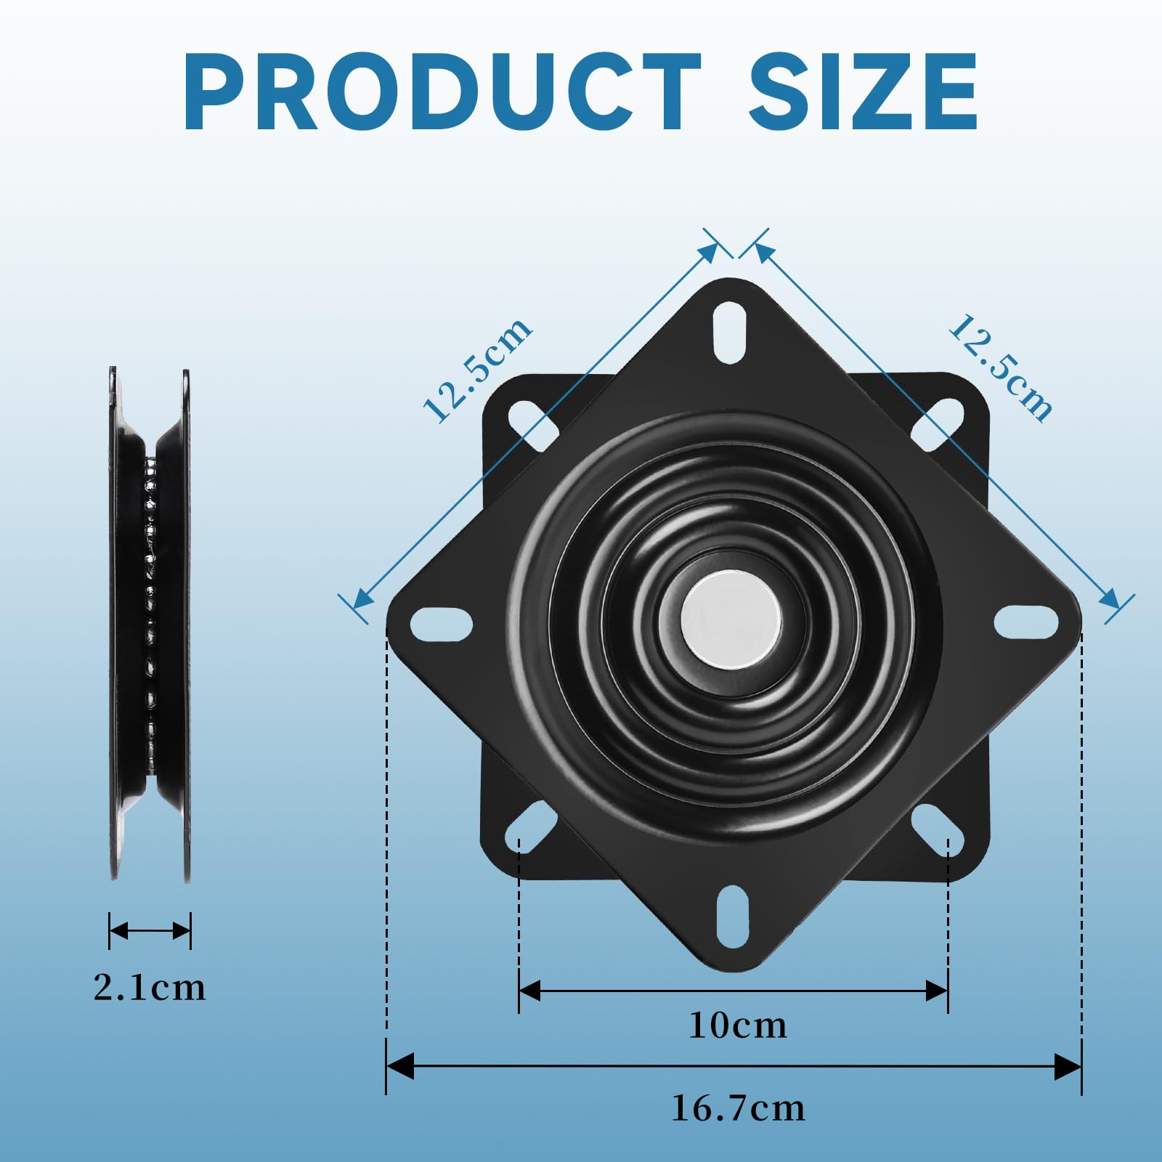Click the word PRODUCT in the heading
[x=442, y=92]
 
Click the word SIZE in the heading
[x=864, y=92]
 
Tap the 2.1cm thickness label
[x=150, y=988]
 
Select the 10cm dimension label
[x=738, y=1025]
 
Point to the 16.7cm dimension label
[x=738, y=1108]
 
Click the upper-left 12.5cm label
[x=478, y=370]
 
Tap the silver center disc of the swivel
[x=731, y=619]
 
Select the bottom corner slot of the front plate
[x=732, y=917]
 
